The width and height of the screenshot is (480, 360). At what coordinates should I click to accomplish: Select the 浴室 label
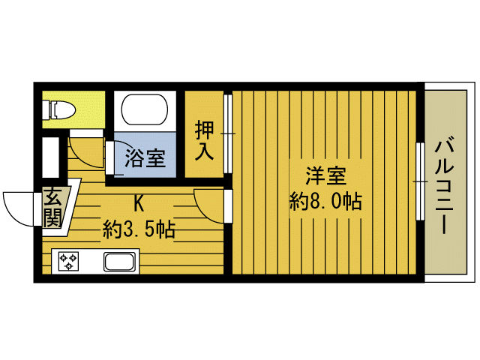click(x=145, y=158)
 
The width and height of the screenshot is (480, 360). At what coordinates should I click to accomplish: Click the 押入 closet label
click(x=205, y=139)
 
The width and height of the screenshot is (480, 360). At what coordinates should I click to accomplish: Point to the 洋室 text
click(x=325, y=177)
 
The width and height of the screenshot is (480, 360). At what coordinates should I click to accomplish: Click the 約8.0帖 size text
click(x=325, y=201)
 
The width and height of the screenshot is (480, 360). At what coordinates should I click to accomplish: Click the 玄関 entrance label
click(x=53, y=208)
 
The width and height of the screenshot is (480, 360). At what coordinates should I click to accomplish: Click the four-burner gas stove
click(x=70, y=262)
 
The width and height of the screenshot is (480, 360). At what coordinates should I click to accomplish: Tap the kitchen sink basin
click(x=120, y=262)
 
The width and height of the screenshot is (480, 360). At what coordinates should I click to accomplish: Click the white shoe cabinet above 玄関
click(x=51, y=157)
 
